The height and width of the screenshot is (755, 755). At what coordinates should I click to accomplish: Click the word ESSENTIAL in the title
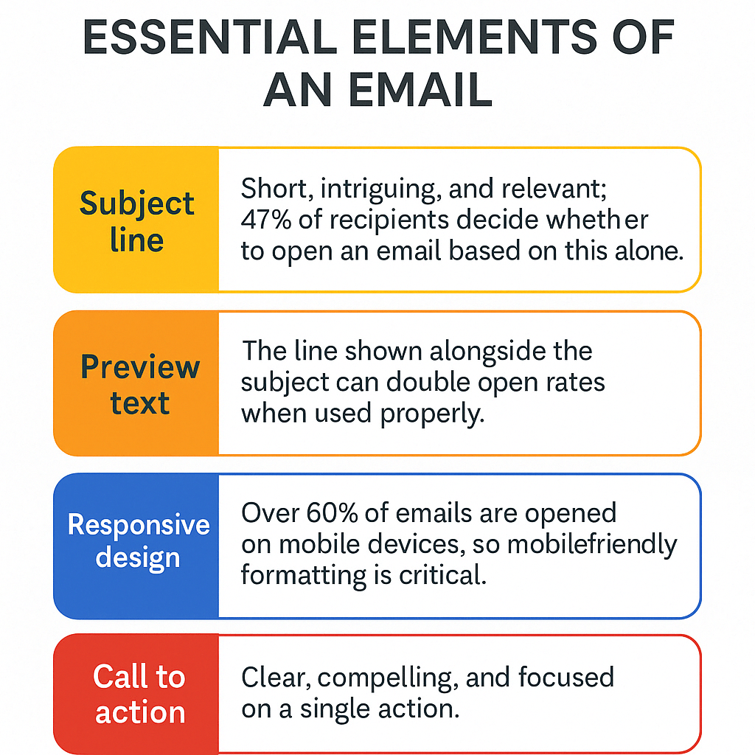point(210,37)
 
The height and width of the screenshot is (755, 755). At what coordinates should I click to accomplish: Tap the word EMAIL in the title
point(420,89)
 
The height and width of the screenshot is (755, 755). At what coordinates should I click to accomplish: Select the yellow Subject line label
point(136,221)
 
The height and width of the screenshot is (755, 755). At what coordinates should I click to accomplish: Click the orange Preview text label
point(139,383)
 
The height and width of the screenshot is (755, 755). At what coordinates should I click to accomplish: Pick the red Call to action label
point(139,694)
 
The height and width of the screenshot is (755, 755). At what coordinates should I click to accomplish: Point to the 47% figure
point(265,220)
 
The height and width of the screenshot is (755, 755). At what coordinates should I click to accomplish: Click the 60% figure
point(332,513)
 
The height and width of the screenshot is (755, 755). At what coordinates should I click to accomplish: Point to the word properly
point(432,414)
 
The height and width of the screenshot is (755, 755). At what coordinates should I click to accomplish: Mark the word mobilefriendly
point(592,545)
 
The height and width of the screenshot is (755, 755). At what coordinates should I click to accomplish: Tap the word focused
point(566,677)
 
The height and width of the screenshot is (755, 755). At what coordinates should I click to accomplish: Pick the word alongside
point(487,352)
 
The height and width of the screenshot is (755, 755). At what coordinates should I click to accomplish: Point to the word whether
point(596,220)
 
